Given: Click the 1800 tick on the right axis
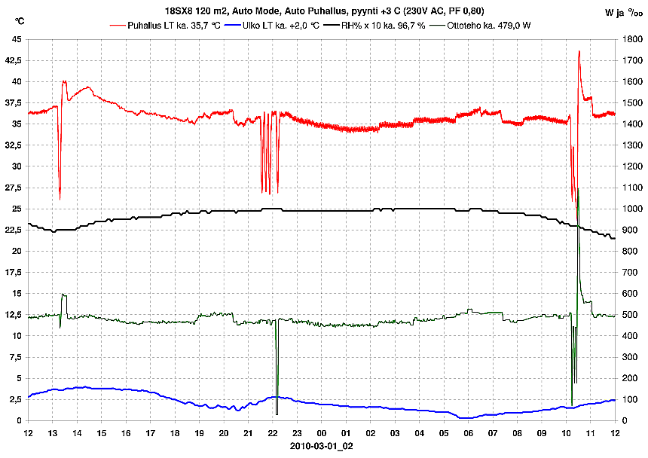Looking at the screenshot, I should tap(629, 39).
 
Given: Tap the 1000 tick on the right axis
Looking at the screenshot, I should tap(629, 209).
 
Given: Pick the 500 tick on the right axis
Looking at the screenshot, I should tap(627, 315).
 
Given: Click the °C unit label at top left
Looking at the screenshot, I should tap(20, 20).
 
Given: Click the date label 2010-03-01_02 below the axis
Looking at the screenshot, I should tap(322, 446).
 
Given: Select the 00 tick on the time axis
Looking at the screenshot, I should tap(322, 433).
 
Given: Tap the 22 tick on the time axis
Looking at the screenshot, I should tap(273, 433).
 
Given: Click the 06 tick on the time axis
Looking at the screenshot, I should tap(469, 433).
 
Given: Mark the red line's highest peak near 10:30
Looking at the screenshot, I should tap(579, 51).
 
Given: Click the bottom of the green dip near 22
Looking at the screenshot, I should tap(277, 414).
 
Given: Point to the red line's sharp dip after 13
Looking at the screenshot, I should tap(60, 199).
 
